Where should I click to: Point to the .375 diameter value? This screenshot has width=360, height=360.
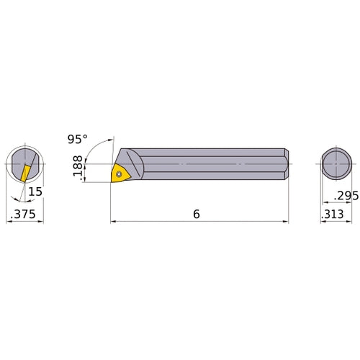[x=24, y=214]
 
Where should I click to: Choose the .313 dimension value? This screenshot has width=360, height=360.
[x=335, y=214]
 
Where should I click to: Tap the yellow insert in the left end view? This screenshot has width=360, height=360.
[x=26, y=173]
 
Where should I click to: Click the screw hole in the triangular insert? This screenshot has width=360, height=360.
[x=120, y=172]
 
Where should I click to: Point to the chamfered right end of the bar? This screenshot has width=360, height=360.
[x=287, y=165]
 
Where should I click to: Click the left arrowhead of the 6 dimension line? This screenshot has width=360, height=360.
[x=113, y=222]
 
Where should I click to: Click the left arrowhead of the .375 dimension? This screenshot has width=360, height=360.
[x=9, y=222]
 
